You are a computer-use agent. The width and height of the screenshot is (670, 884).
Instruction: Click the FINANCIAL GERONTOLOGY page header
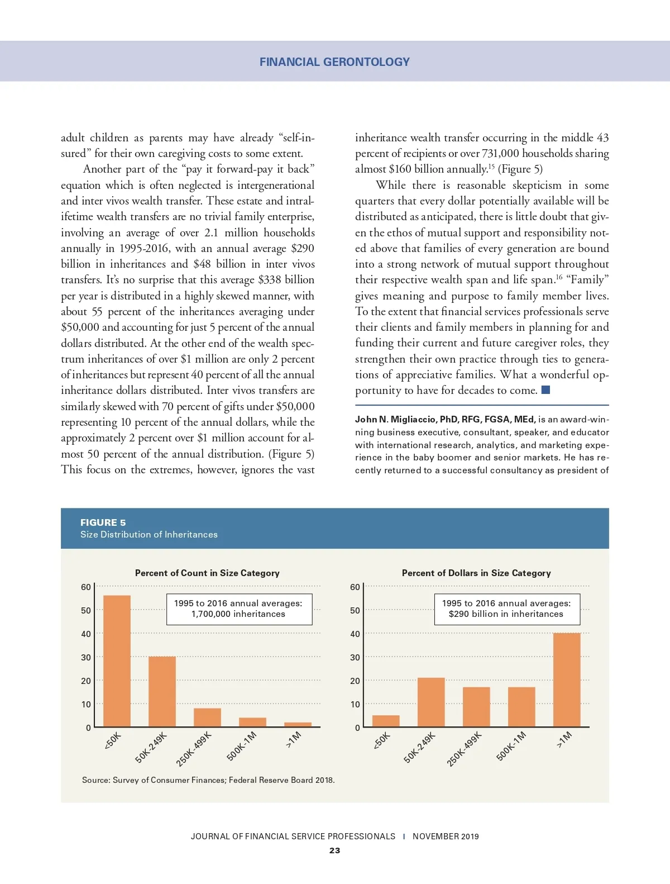[334, 62]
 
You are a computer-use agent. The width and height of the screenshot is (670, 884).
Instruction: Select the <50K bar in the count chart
[117, 661]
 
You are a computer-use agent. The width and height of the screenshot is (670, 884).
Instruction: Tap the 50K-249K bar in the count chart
[162, 692]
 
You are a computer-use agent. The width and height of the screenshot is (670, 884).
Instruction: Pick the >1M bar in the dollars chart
[567, 680]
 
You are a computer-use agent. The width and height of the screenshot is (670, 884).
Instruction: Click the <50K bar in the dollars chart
[386, 721]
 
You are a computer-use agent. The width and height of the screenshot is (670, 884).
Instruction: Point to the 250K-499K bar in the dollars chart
[476, 707]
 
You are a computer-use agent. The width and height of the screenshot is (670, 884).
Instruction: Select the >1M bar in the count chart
[298, 725]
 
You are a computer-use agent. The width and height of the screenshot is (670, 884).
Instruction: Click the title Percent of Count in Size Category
[207, 573]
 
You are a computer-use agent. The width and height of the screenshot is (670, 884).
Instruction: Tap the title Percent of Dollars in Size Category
[476, 573]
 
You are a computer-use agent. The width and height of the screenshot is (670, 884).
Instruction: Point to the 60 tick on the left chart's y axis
[85, 587]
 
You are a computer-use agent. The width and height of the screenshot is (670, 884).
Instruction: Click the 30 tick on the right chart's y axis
[355, 657]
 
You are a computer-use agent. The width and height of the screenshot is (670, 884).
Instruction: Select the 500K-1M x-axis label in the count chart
[241, 747]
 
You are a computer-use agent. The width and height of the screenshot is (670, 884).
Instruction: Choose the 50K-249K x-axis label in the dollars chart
[419, 749]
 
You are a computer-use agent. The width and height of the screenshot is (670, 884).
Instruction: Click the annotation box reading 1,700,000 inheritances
[239, 609]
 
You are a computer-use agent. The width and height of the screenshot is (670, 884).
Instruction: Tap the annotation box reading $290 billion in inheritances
[507, 609]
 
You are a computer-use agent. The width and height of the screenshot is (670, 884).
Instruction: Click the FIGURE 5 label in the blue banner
[103, 522]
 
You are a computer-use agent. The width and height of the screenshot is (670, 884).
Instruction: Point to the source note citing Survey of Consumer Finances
[208, 780]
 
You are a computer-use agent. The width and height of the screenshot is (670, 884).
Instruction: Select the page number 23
[334, 850]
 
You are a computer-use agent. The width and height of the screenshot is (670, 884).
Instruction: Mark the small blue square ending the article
[546, 390]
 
